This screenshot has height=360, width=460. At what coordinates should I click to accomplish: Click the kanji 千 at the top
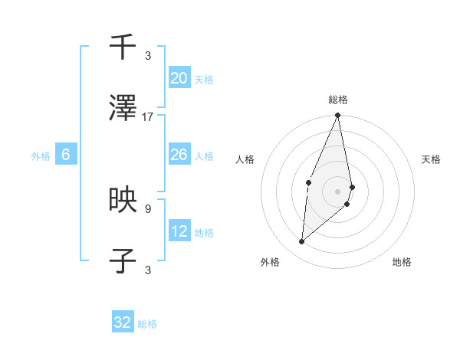coord(123,47)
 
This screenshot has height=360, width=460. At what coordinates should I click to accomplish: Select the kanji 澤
coord(123,110)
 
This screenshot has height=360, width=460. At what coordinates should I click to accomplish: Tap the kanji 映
coord(123,201)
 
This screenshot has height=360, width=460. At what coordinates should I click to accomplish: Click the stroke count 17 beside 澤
coord(148,117)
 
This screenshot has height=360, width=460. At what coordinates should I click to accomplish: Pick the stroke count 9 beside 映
coord(148,208)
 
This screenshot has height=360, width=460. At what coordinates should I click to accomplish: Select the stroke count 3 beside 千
coord(148,55)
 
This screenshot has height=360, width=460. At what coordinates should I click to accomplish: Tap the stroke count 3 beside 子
coord(148,269)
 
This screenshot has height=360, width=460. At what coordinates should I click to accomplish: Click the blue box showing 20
coord(179,77)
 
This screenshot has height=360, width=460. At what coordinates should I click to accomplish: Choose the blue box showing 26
coord(179,155)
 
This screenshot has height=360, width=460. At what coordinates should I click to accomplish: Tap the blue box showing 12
coord(179,231)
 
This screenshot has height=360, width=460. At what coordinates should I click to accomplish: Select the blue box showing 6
coord(66,155)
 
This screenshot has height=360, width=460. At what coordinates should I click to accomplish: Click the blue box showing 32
coord(123,322)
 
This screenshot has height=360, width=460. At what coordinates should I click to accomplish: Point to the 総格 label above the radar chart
coord(338,100)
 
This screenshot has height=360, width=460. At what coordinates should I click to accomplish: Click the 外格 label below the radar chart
coord(270,262)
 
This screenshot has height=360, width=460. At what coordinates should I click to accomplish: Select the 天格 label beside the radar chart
coord(431,159)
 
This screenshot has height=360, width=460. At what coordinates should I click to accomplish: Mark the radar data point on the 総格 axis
coord(338,116)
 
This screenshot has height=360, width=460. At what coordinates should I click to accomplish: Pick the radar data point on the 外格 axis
coord(302,242)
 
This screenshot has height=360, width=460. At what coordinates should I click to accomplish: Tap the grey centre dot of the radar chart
coord(338,191)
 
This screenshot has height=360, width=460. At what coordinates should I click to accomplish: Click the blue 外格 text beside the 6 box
coord(41,155)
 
